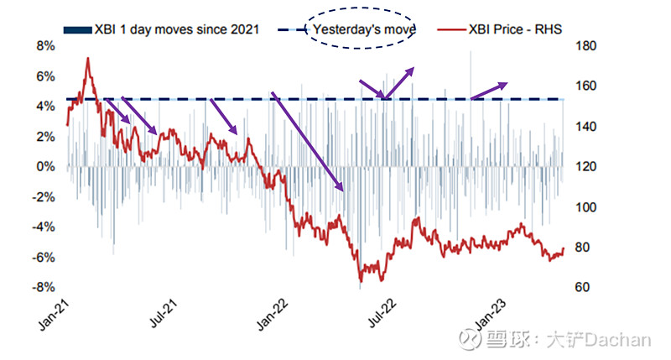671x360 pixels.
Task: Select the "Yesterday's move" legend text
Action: click(366, 29)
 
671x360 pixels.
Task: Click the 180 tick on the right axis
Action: click(582, 46)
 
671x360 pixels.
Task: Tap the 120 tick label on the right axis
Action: click(582, 167)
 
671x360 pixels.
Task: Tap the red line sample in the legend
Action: click(454, 29)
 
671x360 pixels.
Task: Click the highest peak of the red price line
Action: click(88, 59)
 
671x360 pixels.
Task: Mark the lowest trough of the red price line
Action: click(361, 280)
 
